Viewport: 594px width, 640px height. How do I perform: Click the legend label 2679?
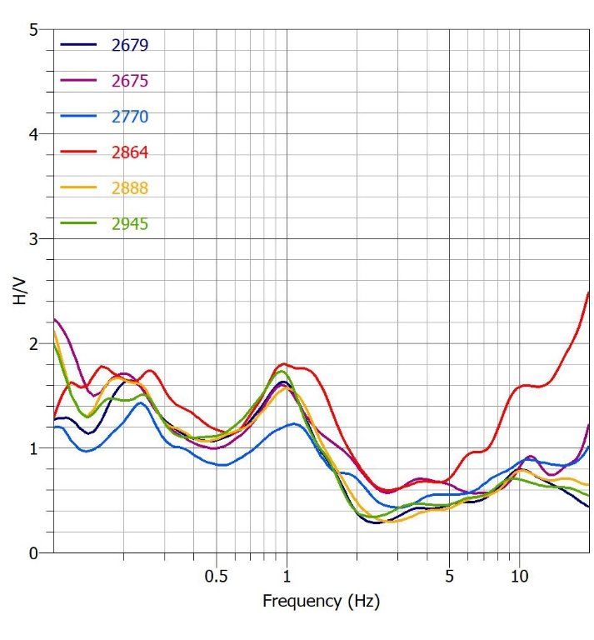click(129, 45)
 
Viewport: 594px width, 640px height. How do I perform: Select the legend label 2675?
click(129, 81)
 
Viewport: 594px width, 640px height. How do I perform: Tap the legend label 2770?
click(129, 117)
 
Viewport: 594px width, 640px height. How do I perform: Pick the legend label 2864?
click(129, 152)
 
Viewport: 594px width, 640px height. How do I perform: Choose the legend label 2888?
click(129, 188)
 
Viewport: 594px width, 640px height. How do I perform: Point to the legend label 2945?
click(129, 224)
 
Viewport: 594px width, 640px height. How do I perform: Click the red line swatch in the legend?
click(78, 152)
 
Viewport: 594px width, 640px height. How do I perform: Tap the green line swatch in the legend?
click(78, 224)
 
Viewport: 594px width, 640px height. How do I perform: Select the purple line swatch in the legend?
click(78, 81)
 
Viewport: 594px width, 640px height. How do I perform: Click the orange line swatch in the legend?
click(78, 188)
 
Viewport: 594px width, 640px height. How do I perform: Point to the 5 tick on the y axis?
click(33, 30)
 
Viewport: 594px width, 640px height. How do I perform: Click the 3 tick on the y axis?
click(33, 239)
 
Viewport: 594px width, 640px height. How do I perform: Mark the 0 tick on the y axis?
click(33, 552)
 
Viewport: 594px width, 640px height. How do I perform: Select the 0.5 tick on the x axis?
click(216, 576)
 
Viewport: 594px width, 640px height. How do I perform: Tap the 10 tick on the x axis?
click(519, 576)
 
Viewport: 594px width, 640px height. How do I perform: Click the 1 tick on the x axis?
click(287, 576)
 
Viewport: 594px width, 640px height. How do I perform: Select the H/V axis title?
click(20, 291)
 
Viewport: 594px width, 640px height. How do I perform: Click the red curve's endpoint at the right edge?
click(589, 292)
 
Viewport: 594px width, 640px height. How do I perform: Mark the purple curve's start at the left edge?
click(54, 319)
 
